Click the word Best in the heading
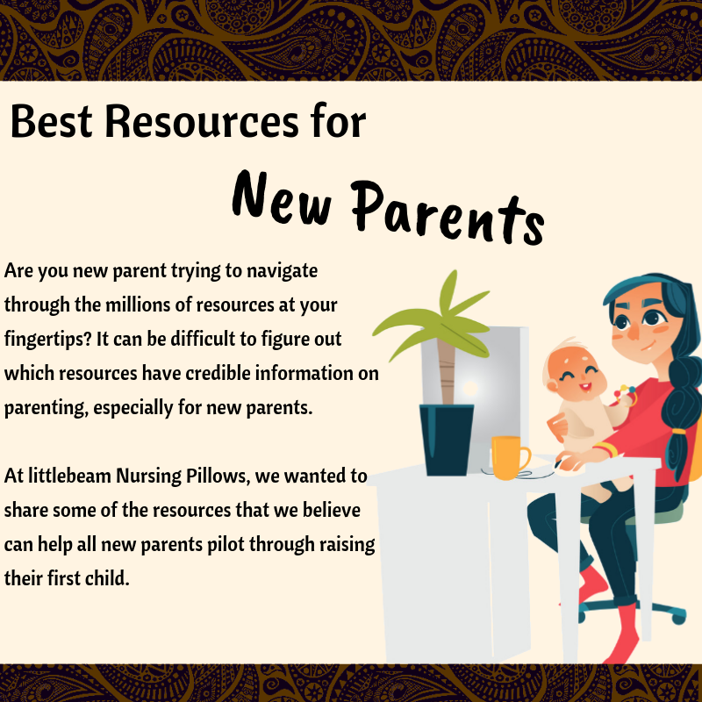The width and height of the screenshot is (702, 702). coord(50,121)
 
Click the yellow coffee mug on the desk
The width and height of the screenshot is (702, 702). coord(509,457)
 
